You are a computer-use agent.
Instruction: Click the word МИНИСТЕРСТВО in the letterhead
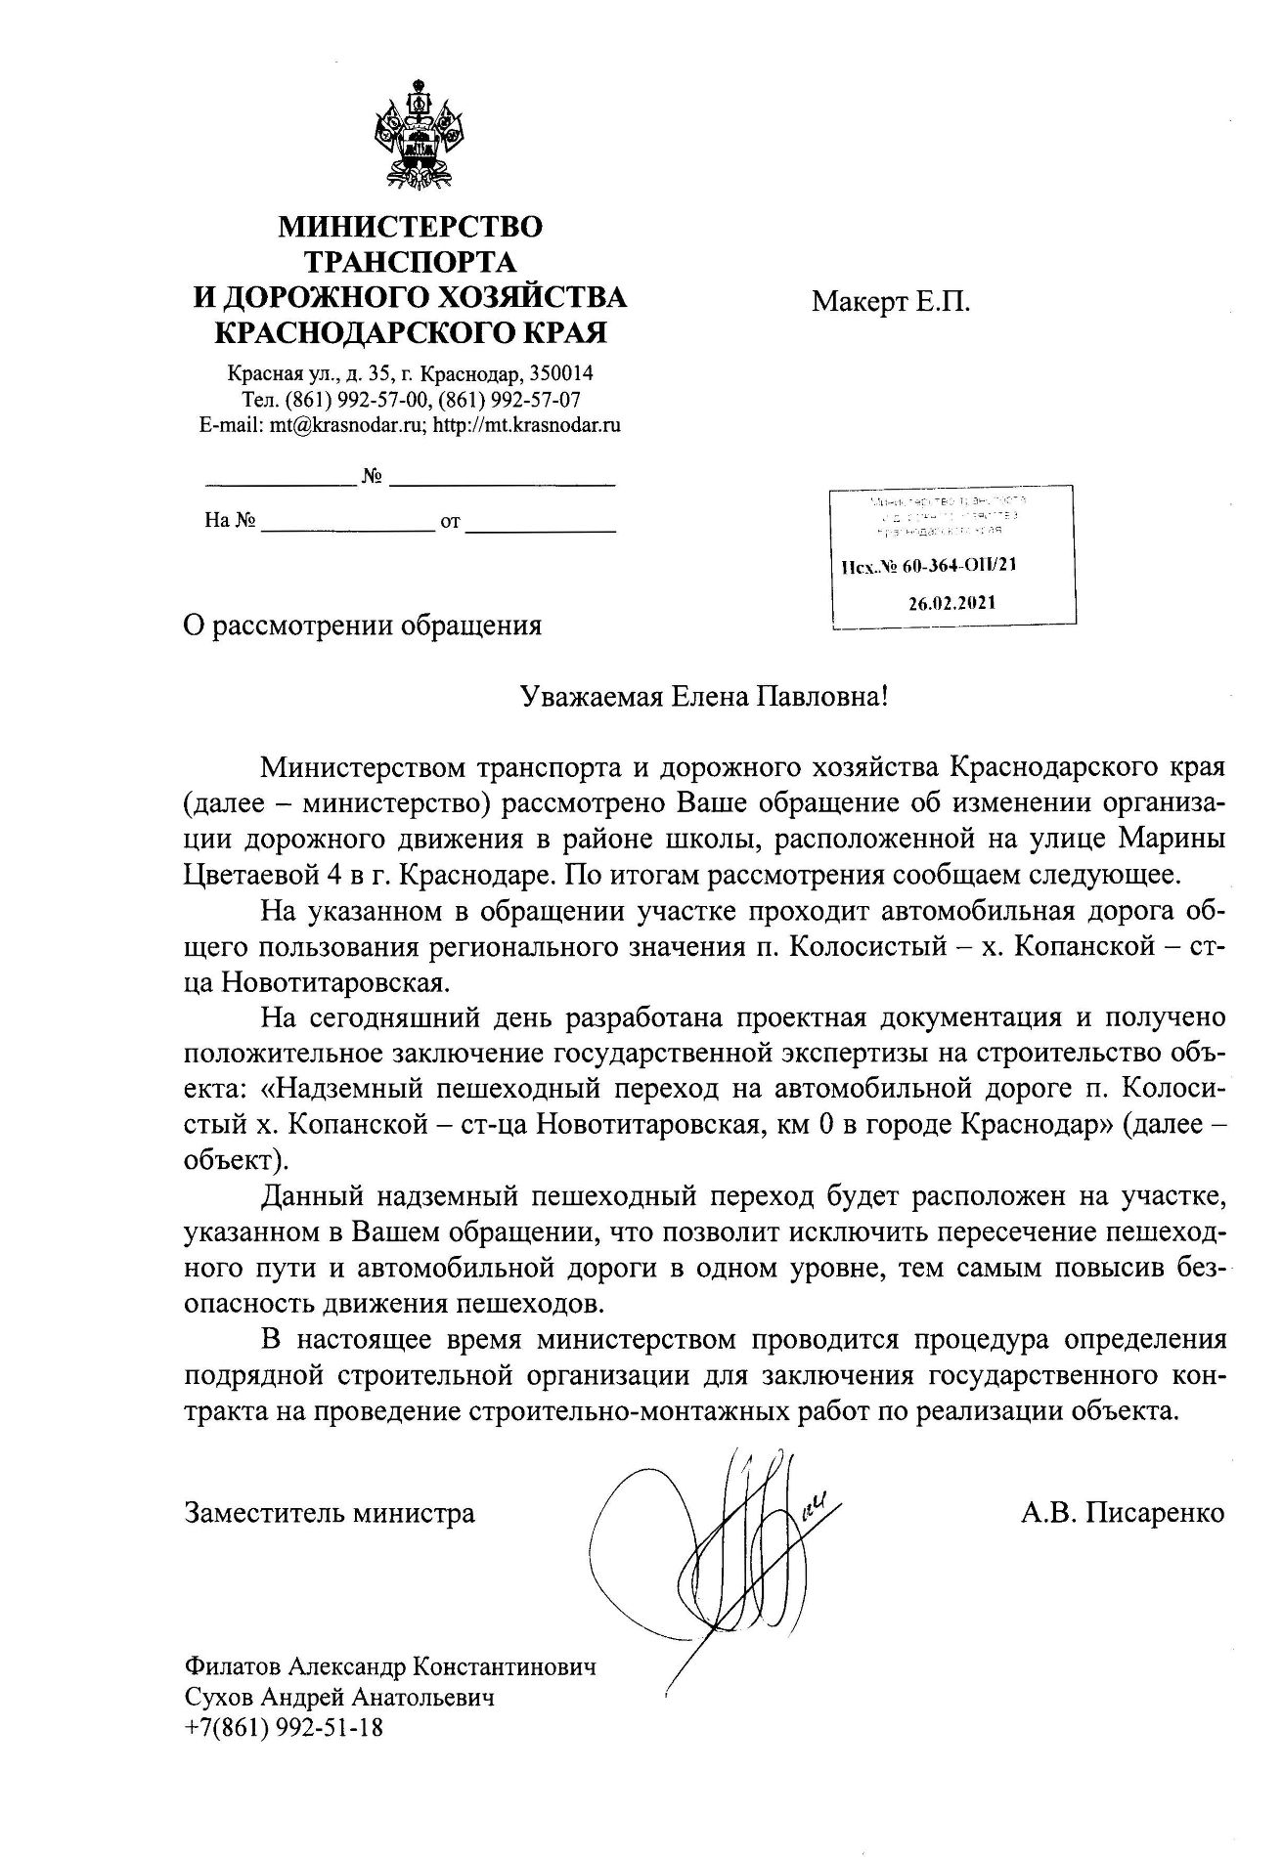coord(411,227)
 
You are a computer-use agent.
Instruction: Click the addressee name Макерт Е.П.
coord(891,302)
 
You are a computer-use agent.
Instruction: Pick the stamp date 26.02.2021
coord(951,603)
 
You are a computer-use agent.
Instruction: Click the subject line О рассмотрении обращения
coord(363,626)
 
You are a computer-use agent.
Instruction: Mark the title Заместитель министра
coord(330,1514)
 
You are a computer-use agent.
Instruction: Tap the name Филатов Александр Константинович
coord(389,1666)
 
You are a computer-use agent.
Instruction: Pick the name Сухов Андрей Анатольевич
coord(338,1698)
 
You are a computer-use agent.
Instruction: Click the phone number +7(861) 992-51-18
coord(284,1728)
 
